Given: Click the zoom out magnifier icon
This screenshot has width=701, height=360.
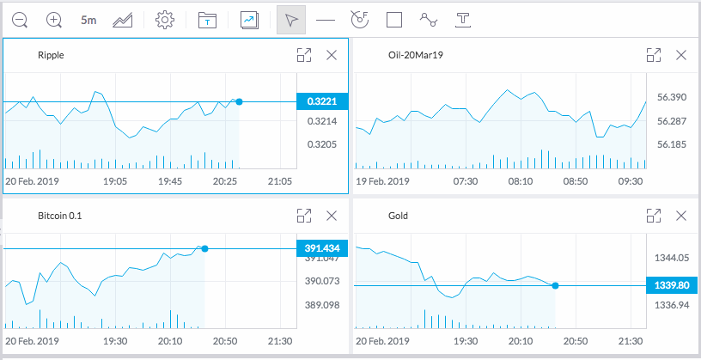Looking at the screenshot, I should pos(20,19).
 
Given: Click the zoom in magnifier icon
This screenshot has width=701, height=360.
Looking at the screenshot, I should pos(54,19).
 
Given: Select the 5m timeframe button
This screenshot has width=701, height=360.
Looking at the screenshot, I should pos(88,19).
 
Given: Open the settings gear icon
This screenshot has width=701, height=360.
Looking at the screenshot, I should pos(165,19).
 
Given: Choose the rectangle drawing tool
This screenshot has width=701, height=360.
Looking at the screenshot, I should pos(394,19).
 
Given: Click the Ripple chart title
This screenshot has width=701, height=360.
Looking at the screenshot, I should pos(51,55).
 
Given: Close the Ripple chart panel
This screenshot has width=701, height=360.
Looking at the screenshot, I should pos(332,55).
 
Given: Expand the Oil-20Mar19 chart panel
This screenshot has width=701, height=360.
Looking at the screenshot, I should pos(653,55).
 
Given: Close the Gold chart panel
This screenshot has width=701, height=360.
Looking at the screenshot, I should pos(681,216).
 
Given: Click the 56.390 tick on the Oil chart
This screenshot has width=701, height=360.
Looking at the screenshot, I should pos(671,97).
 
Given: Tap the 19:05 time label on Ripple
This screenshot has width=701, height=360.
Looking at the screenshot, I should pos(114,181).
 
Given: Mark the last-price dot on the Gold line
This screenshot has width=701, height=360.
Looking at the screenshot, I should pos(555,285).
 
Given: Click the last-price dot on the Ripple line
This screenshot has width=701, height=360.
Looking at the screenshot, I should pos(239,101).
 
